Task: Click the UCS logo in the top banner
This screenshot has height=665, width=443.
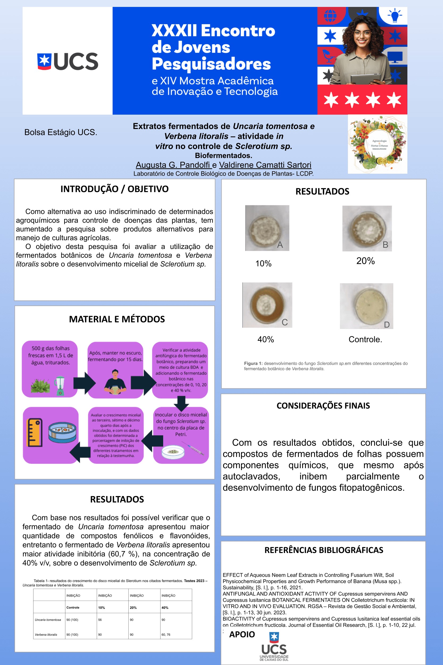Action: coord(67,61)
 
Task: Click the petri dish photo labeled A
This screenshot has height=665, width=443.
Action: coord(267,228)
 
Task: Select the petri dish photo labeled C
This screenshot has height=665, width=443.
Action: coord(267,305)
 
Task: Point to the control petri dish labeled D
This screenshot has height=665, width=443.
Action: coord(366,306)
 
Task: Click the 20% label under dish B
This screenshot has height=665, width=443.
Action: coord(365,261)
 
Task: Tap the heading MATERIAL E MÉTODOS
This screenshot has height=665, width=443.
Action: coord(117,319)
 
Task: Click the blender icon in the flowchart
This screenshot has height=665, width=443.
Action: coord(60,385)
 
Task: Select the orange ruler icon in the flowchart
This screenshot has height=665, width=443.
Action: coord(34,432)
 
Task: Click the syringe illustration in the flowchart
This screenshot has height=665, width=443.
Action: coord(193,448)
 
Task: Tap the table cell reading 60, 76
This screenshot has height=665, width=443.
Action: coord(166,634)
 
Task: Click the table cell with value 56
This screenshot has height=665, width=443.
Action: coord(100,620)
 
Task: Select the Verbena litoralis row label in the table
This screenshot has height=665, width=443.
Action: coord(46,634)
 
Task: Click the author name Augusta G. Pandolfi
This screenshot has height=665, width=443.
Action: coord(173,165)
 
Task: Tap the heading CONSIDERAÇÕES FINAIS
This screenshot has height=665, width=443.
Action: coord(323,406)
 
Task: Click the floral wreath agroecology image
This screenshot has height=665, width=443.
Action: coord(377,144)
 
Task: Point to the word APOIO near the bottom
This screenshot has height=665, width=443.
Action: coord(242,634)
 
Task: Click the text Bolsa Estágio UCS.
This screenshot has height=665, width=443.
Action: coord(61,132)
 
